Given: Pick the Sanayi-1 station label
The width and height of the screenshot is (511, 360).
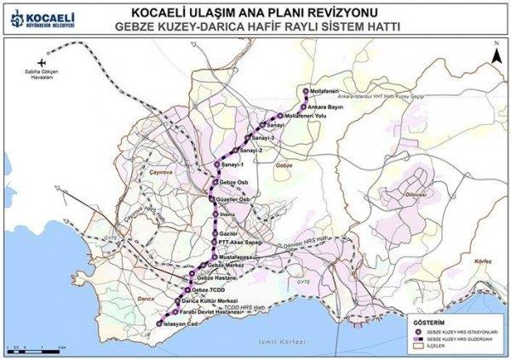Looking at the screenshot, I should click(231, 165).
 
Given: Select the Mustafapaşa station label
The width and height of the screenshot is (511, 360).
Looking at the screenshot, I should click(235, 255).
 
